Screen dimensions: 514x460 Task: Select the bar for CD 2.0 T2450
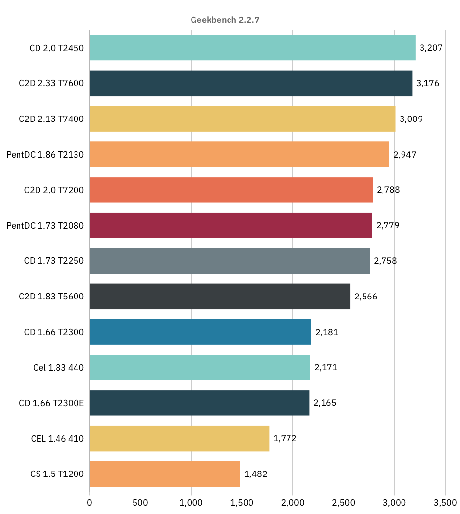pyautogui.click(x=252, y=48)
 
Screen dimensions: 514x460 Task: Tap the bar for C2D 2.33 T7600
pyautogui.click(x=250, y=83)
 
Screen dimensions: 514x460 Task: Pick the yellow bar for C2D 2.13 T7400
pyautogui.click(x=242, y=119)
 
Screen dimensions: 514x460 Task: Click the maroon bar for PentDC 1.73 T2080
pyautogui.click(x=230, y=225)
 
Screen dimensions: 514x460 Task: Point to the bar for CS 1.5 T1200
pyautogui.click(x=165, y=474)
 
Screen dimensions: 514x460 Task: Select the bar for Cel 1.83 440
pyautogui.click(x=200, y=367)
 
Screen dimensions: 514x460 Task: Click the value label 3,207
pyautogui.click(x=431, y=48)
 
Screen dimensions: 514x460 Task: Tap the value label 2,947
pyautogui.click(x=405, y=155)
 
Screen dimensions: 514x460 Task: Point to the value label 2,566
pyautogui.click(x=366, y=297)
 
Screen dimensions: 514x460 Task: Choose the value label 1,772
pyautogui.click(x=285, y=438)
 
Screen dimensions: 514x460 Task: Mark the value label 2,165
pyautogui.click(x=325, y=403)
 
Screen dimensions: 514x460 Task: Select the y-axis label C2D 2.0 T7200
pyautogui.click(x=54, y=190)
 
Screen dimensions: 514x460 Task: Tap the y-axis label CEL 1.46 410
pyautogui.click(x=57, y=438)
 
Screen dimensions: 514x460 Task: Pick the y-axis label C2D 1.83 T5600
pyautogui.click(x=52, y=297)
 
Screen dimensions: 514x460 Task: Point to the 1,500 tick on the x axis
pyautogui.click(x=242, y=502)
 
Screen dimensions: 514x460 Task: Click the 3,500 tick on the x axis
pyautogui.click(x=445, y=502)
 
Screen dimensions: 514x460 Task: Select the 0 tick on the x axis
pyautogui.click(x=90, y=502)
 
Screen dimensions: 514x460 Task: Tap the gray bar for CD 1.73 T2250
pyautogui.click(x=230, y=261)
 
